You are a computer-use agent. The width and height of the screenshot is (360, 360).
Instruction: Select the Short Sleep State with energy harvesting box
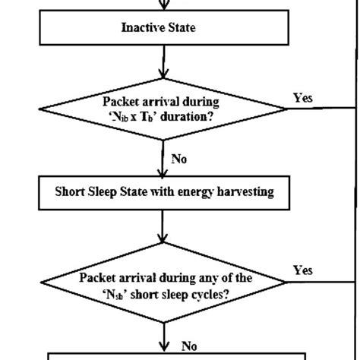click(163, 192)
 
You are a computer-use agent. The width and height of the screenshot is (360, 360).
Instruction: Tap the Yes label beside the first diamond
click(302, 98)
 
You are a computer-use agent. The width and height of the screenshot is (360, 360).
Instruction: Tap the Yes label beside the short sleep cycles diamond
click(302, 270)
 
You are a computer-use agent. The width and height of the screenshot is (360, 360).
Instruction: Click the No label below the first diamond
click(179, 160)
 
